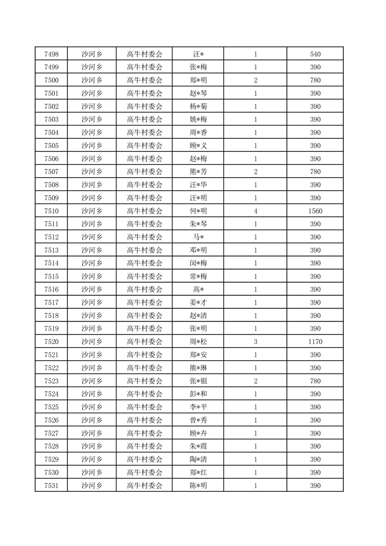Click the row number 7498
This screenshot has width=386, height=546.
pyautogui.click(x=51, y=54)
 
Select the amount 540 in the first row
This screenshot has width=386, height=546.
pyautogui.click(x=315, y=54)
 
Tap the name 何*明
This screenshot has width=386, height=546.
pyautogui.click(x=198, y=211)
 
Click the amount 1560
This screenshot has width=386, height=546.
pyautogui.click(x=315, y=211)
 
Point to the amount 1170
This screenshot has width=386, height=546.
pyautogui.click(x=315, y=342)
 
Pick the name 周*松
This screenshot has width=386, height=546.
pyautogui.click(x=198, y=342)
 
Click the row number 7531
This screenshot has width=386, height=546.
pyautogui.click(x=51, y=486)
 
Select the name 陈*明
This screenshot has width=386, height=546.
pyautogui.click(x=198, y=486)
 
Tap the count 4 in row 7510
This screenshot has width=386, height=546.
pyautogui.click(x=256, y=211)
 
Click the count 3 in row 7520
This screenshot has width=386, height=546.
pyautogui.click(x=256, y=342)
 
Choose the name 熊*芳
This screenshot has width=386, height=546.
pyautogui.click(x=198, y=172)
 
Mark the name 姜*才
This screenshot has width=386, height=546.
pyautogui.click(x=198, y=303)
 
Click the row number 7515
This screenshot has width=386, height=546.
pyautogui.click(x=51, y=276)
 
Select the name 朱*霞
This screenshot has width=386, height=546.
pyautogui.click(x=198, y=446)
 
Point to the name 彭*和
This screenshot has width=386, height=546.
pyautogui.click(x=198, y=394)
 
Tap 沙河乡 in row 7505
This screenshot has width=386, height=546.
pyautogui.click(x=92, y=146)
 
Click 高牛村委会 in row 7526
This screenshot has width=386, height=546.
pyautogui.click(x=145, y=420)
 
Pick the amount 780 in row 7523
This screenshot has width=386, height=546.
pyautogui.click(x=315, y=381)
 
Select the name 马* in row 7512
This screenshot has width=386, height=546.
pyautogui.click(x=198, y=237)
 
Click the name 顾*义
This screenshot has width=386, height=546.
pyautogui.click(x=198, y=146)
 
